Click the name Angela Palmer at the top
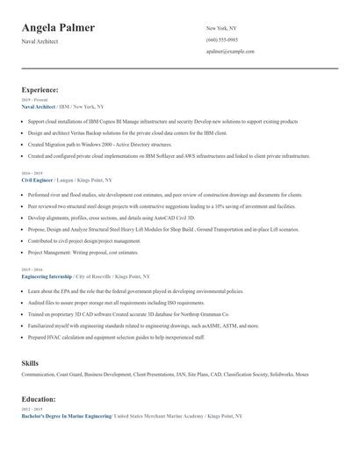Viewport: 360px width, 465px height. pyautogui.click(x=58, y=28)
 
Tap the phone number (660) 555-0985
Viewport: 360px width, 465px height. pyautogui.click(x=221, y=39)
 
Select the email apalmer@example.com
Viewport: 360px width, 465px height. pyautogui.click(x=230, y=52)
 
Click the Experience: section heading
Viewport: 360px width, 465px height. pyautogui.click(x=40, y=89)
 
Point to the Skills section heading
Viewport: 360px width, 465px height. pyautogui.click(x=31, y=362)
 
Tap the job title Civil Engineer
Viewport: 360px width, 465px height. pyautogui.click(x=40, y=179)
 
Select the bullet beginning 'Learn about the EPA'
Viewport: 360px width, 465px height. pyautogui.click(x=126, y=290)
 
